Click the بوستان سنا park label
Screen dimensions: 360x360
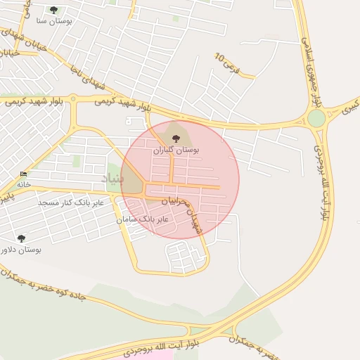click(x=52, y=22)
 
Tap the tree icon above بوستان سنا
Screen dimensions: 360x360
click(x=53, y=10)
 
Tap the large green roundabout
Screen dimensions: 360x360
click(x=316, y=117)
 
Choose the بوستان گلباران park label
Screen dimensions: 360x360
click(x=176, y=150)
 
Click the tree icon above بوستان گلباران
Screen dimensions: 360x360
click(x=175, y=138)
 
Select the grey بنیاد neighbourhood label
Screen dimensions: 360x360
click(x=114, y=179)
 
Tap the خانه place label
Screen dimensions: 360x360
click(x=24, y=184)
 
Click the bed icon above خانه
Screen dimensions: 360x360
click(x=24, y=174)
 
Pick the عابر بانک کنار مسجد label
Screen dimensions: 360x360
click(x=70, y=202)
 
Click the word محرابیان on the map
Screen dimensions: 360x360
click(x=176, y=201)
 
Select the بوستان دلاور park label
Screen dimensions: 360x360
click(x=21, y=250)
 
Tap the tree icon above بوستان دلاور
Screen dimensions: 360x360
click(x=21, y=238)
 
